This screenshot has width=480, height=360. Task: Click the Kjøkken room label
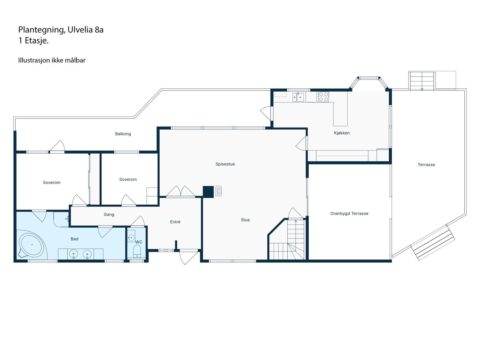342,133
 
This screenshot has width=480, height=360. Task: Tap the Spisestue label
225,164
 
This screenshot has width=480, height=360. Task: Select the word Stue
245,220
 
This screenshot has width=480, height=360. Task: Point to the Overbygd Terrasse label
349,214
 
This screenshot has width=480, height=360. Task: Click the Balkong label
123,134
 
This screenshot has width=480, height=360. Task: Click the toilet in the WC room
137,251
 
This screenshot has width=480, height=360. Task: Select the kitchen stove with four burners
323,97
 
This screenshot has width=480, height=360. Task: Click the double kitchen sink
298,97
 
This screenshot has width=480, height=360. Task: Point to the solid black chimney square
208,192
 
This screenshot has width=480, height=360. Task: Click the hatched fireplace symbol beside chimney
218,191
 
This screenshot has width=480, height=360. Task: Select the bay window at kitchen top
368,79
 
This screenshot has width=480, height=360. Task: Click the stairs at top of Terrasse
422,81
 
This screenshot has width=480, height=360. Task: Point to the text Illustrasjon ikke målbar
52,60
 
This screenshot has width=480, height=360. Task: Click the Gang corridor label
109,214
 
